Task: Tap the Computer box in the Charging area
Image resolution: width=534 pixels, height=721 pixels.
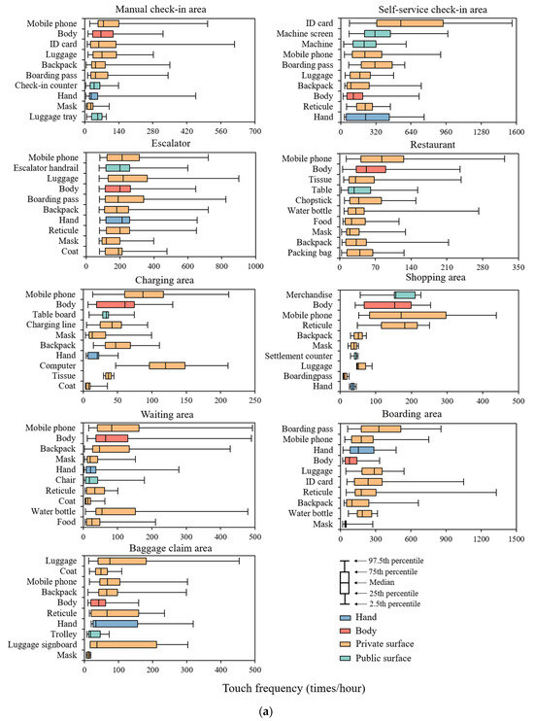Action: pyautogui.click(x=167, y=365)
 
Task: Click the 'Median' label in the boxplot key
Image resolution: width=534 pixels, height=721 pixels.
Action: pyautogui.click(x=383, y=582)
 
